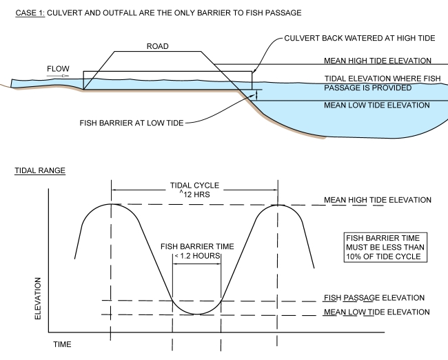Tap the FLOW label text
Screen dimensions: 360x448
tap(57, 69)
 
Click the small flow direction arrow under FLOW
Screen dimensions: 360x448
tap(60, 77)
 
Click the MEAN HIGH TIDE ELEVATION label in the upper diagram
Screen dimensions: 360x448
tap(376, 61)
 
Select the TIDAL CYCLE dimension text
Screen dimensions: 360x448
tap(194, 185)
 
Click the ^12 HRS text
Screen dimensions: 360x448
tap(194, 194)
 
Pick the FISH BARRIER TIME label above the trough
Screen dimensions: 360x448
tap(197, 246)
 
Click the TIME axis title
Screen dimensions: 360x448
tap(62, 343)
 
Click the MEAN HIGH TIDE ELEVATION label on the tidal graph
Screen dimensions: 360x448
tap(376, 200)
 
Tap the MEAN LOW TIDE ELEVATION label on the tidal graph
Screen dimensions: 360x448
tap(376, 312)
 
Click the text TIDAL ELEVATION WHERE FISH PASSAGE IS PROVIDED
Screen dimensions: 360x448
tap(376, 83)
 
